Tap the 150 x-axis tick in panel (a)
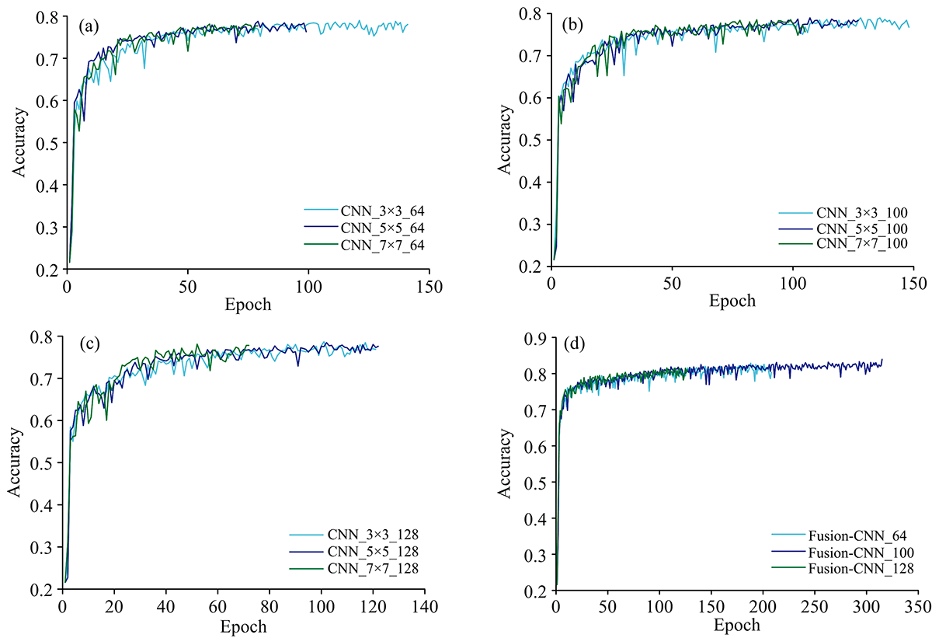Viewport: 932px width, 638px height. point(429,285)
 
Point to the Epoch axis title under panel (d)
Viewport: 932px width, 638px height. point(736,624)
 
